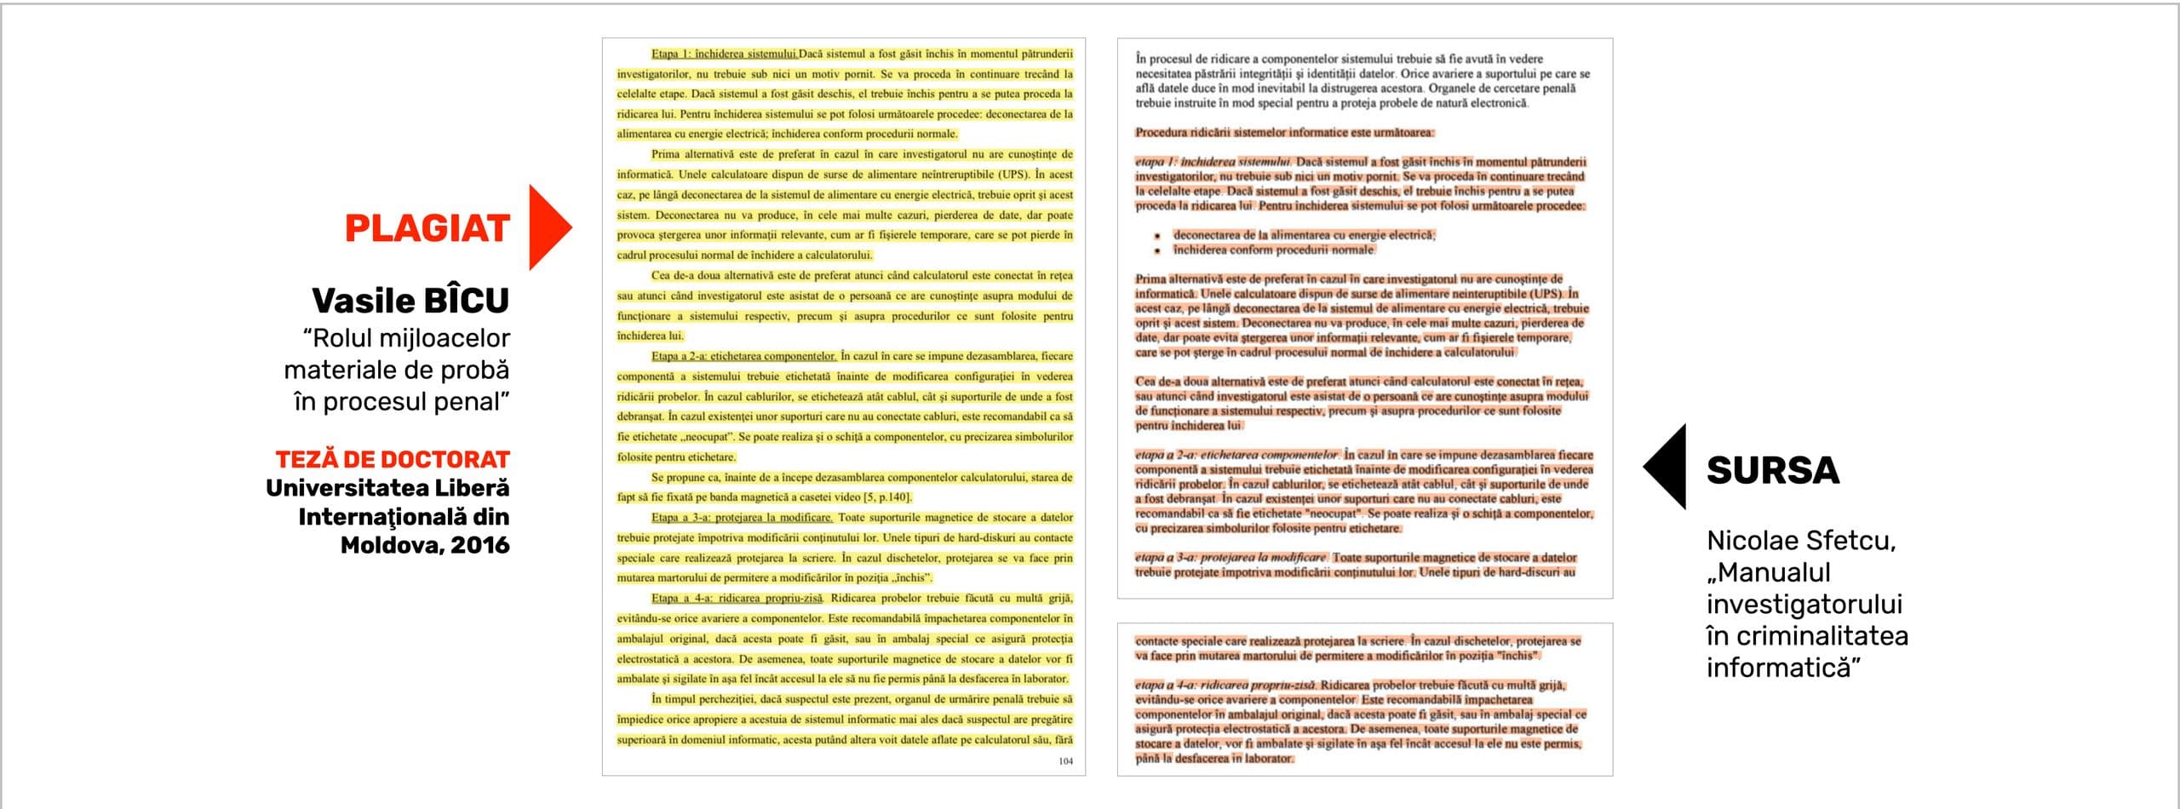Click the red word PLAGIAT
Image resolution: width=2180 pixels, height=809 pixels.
(427, 228)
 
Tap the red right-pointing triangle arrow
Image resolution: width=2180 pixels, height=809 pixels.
(547, 227)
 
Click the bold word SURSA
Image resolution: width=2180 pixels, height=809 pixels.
(1773, 470)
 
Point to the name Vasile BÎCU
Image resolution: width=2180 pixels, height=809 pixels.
(410, 301)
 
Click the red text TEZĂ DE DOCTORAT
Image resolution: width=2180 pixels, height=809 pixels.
(392, 459)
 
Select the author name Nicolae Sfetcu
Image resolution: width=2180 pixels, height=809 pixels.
(1800, 540)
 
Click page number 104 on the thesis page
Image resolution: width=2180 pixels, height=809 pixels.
(1065, 761)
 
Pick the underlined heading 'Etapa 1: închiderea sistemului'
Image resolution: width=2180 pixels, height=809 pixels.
(724, 54)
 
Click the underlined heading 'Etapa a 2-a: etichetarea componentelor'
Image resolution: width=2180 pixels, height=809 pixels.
(743, 356)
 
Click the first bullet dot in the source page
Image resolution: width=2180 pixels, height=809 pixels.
(1158, 236)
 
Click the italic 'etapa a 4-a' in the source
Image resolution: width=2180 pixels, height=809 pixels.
(1162, 685)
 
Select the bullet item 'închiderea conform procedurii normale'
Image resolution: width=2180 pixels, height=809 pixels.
(1274, 250)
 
